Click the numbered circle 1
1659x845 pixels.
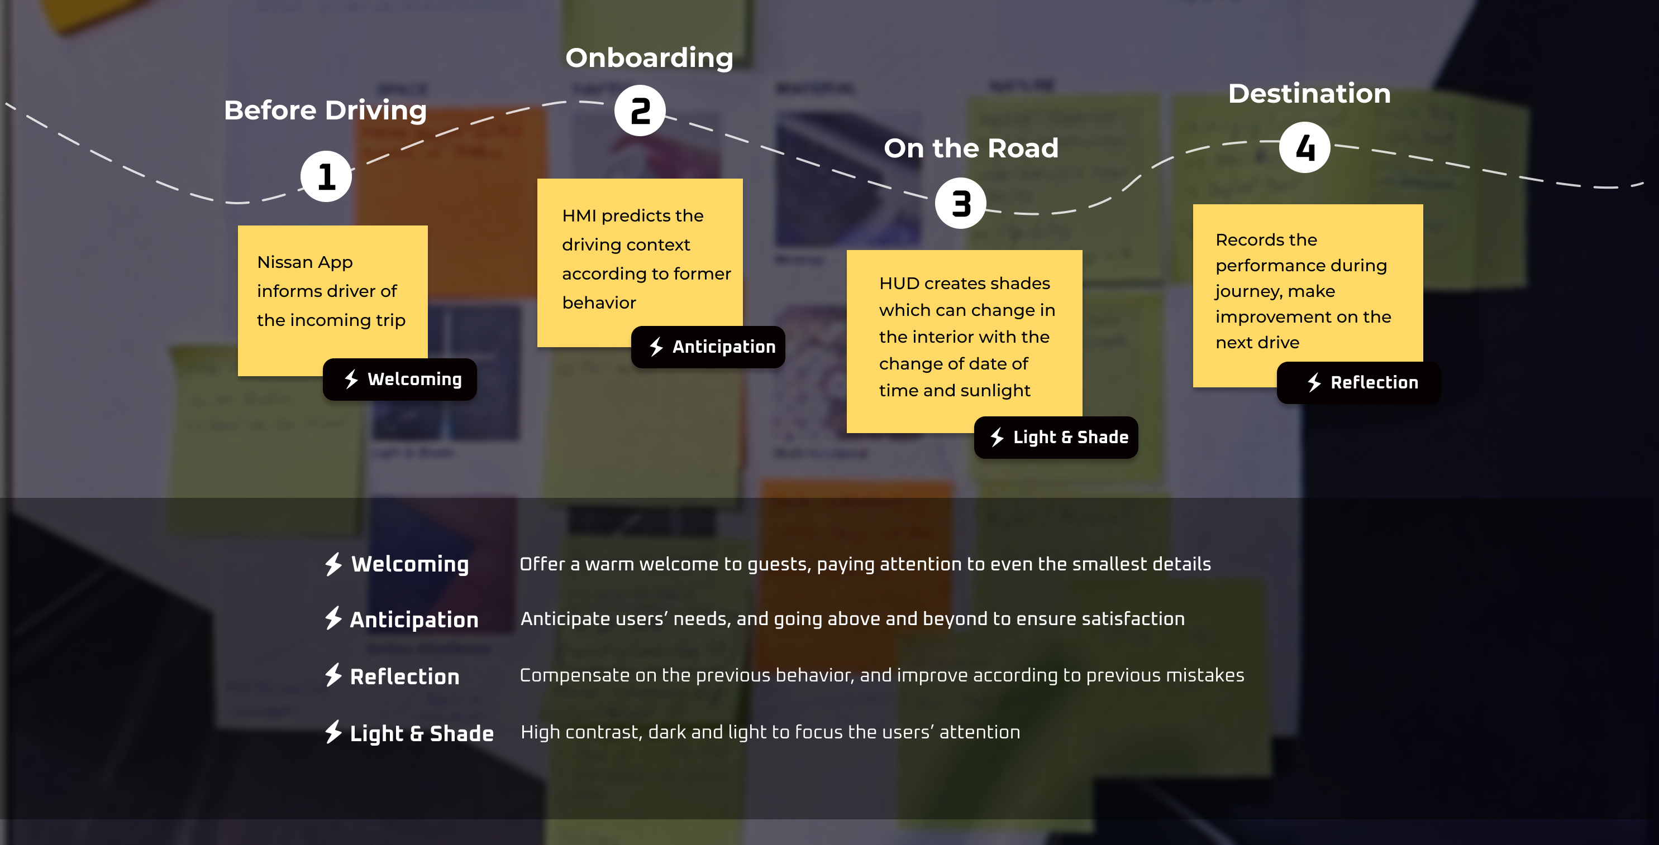[326, 176]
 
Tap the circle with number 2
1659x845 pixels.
[640, 111]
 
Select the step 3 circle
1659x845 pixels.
[960, 203]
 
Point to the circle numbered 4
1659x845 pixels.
[1304, 147]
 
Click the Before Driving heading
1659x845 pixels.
[325, 110]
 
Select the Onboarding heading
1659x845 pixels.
[649, 58]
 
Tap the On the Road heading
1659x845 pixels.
[970, 148]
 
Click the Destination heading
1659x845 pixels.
[1309, 93]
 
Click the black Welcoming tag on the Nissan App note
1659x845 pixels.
[400, 379]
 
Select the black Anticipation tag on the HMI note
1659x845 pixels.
[708, 347]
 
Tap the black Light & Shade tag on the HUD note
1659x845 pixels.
[1056, 438]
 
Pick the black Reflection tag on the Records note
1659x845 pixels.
[1358, 383]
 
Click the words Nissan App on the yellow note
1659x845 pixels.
[304, 262]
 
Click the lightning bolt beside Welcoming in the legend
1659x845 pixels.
[333, 564]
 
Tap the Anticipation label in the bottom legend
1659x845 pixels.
[414, 619]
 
